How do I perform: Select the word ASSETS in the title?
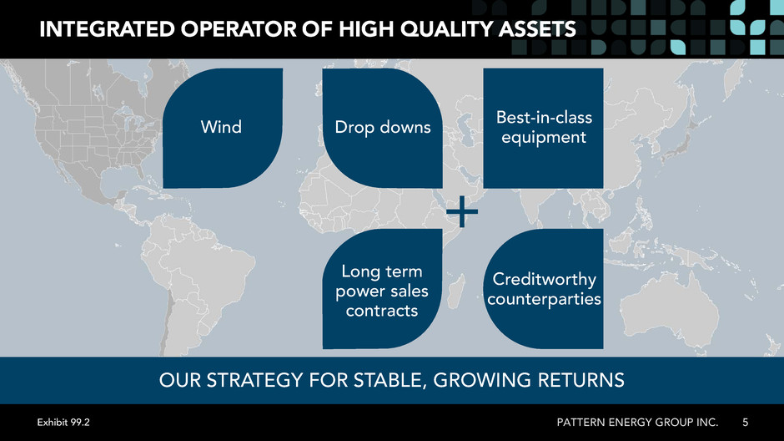point(537,29)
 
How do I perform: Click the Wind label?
point(221,127)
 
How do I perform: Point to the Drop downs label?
point(383,127)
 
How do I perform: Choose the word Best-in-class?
point(544,117)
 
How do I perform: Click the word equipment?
point(544,137)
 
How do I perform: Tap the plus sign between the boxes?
point(461,211)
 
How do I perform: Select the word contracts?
point(381,311)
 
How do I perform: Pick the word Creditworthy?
point(544,279)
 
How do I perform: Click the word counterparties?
point(544,299)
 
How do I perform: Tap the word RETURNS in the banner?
point(581,380)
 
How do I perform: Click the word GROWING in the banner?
point(482,380)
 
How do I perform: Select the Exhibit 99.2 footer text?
point(63,423)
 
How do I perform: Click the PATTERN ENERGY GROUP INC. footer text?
point(637,423)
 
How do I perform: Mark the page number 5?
point(745,423)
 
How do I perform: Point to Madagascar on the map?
point(455,291)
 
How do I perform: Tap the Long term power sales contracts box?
point(383,289)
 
